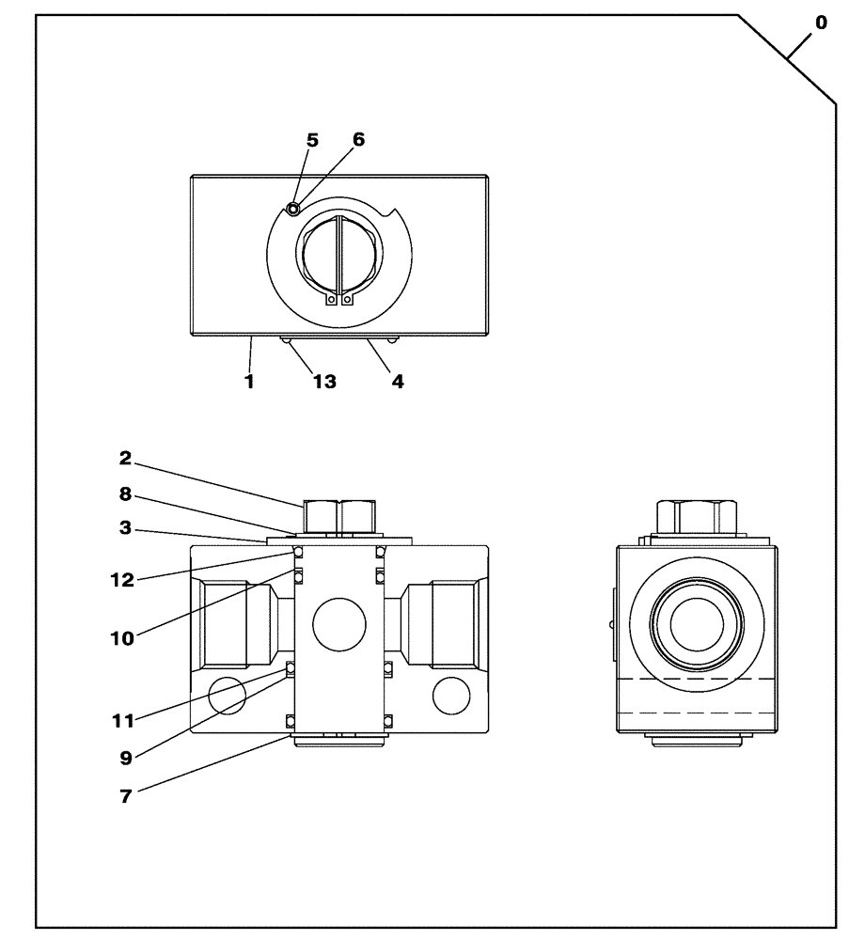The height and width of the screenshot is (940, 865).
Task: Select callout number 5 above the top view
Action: point(312,140)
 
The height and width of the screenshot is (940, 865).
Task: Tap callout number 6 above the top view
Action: point(358,140)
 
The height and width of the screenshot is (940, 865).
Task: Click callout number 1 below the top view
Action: point(249,383)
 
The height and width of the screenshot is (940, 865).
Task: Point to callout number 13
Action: point(324,383)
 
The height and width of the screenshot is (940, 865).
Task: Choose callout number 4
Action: point(398,383)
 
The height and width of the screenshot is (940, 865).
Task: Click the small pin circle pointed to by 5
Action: point(293,208)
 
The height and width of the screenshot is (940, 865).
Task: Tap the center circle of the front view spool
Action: point(339,624)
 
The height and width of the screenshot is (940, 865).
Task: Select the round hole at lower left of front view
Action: point(227,697)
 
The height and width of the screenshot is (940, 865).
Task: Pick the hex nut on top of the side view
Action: point(697,515)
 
